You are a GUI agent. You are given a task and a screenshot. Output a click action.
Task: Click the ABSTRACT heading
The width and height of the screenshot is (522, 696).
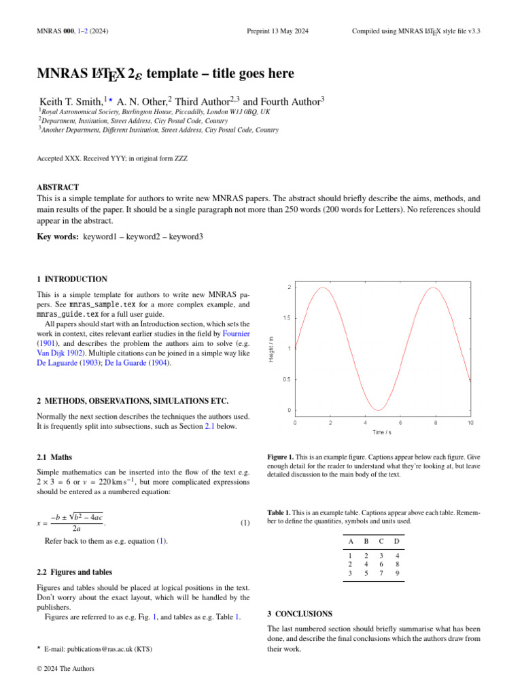pos(58,187)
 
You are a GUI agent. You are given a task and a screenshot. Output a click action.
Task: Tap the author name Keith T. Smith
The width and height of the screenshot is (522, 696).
pos(72,101)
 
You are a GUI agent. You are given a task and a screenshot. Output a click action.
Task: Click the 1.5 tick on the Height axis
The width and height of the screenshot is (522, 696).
pos(288,318)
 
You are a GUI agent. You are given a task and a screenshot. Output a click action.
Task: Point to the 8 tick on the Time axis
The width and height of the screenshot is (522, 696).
pos(435,422)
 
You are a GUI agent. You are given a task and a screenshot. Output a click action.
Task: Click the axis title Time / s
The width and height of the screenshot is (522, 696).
pos(381,432)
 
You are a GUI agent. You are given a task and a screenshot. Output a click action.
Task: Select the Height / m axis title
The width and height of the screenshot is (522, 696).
pos(271,349)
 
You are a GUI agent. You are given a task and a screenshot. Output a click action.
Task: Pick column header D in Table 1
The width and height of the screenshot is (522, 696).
pos(397,542)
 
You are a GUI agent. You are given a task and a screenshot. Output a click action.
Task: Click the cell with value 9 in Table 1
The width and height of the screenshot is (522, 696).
pos(397,573)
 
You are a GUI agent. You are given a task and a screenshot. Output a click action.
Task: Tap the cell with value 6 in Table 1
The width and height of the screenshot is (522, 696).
pos(381,563)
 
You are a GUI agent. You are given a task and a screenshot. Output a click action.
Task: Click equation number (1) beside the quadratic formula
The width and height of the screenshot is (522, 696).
pos(245,523)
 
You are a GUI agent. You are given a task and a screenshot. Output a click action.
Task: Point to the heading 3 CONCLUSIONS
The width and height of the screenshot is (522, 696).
pos(300,614)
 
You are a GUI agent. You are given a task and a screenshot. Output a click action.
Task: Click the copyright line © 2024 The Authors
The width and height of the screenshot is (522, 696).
pos(65,668)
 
